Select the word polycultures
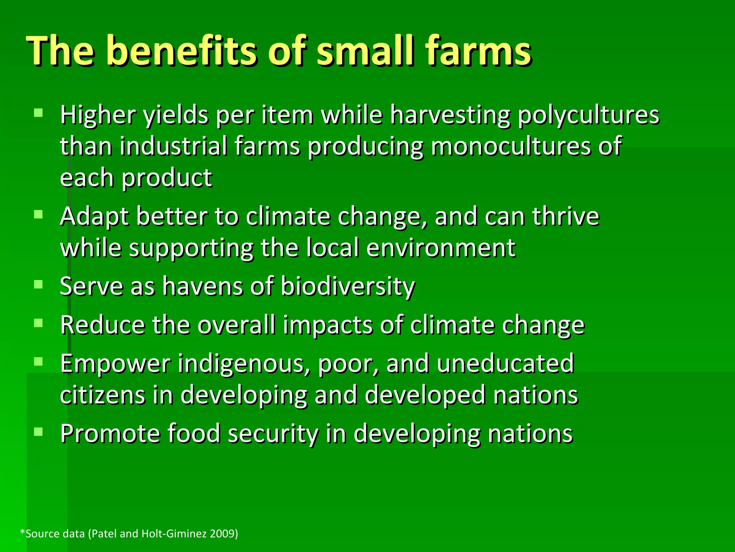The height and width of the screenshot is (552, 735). [589, 116]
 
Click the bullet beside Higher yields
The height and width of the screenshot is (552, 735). [38, 113]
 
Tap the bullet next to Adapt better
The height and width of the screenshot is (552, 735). [38, 215]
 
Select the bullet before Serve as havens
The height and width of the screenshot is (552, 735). [38, 285]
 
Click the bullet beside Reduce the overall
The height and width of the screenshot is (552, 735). [38, 323]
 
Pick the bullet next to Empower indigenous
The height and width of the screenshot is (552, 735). [38, 361]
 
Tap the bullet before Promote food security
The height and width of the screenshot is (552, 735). [38, 431]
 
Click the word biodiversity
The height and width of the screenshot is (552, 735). [347, 287]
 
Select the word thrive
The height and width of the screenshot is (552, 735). [566, 217]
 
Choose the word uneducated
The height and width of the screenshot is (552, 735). [505, 364]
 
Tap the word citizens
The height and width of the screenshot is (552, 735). [102, 395]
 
